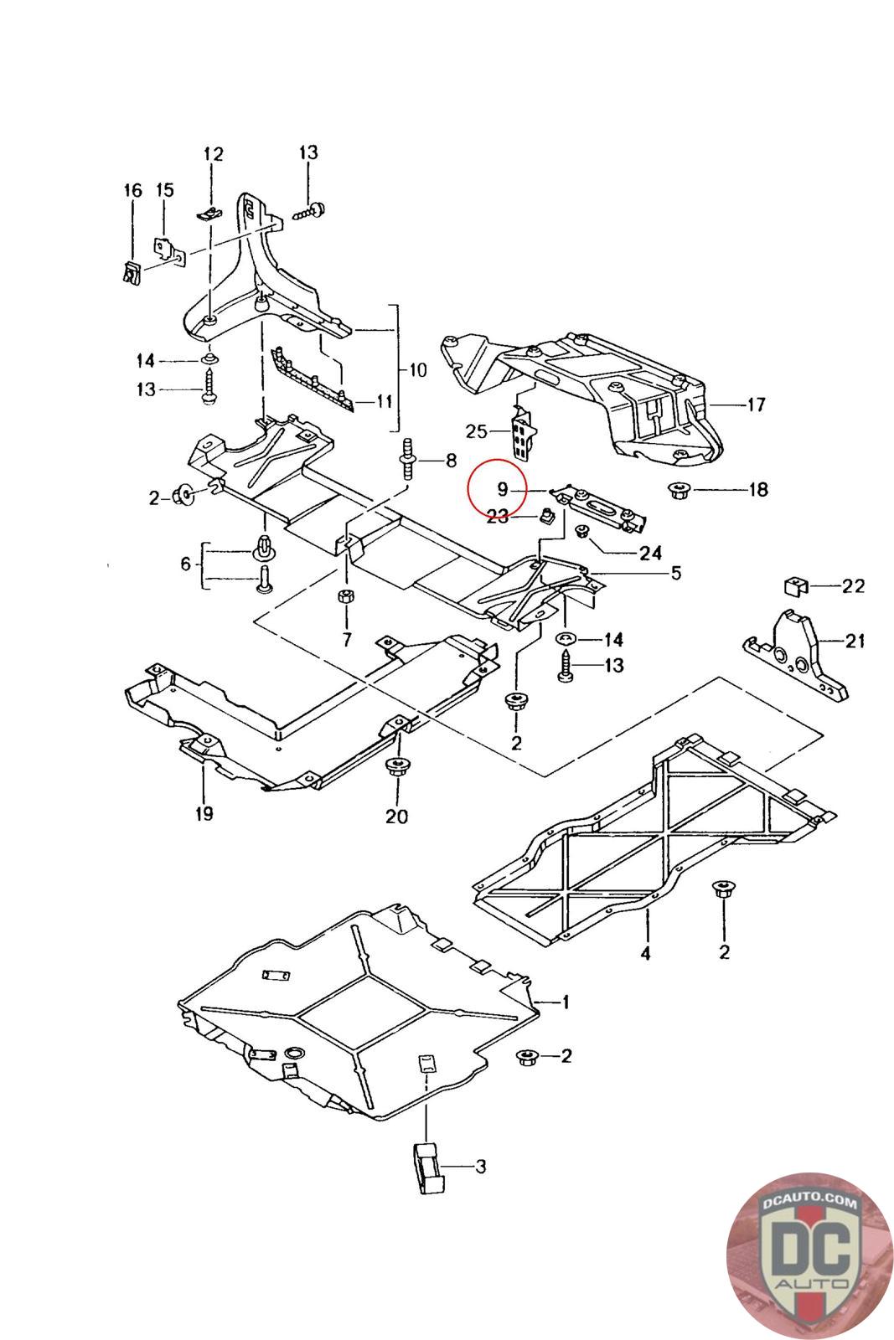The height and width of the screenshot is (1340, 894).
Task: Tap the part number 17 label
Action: (x=756, y=405)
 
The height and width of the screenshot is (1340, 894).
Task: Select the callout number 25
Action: (x=477, y=431)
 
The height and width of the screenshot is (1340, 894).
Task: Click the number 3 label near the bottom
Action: (x=480, y=1166)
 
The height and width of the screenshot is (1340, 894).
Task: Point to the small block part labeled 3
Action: (x=428, y=1167)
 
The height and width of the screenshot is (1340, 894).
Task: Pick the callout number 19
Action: (x=204, y=812)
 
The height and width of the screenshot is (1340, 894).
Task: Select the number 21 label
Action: (x=855, y=642)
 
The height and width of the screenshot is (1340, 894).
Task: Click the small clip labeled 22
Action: (x=795, y=584)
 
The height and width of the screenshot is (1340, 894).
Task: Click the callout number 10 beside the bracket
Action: (x=417, y=370)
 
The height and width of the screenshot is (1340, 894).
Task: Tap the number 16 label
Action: (x=133, y=191)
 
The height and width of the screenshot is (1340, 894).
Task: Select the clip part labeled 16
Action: (x=131, y=272)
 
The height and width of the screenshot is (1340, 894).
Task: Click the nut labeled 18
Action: (x=678, y=490)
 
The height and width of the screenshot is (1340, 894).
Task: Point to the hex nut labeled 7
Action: (x=344, y=596)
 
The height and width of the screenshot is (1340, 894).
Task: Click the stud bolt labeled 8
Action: (x=410, y=458)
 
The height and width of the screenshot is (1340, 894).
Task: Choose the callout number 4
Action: (x=645, y=953)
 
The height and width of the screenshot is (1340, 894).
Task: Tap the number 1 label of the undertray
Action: (x=566, y=1002)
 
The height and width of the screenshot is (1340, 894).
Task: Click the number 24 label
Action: (x=650, y=553)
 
